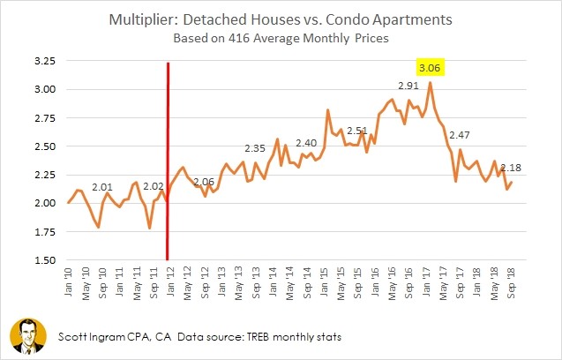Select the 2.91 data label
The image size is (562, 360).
(x=408, y=86)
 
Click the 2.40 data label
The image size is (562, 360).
(x=306, y=142)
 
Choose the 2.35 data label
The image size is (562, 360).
(x=255, y=148)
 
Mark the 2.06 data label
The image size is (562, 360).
(x=204, y=181)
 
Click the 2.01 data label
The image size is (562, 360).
(x=103, y=187)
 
